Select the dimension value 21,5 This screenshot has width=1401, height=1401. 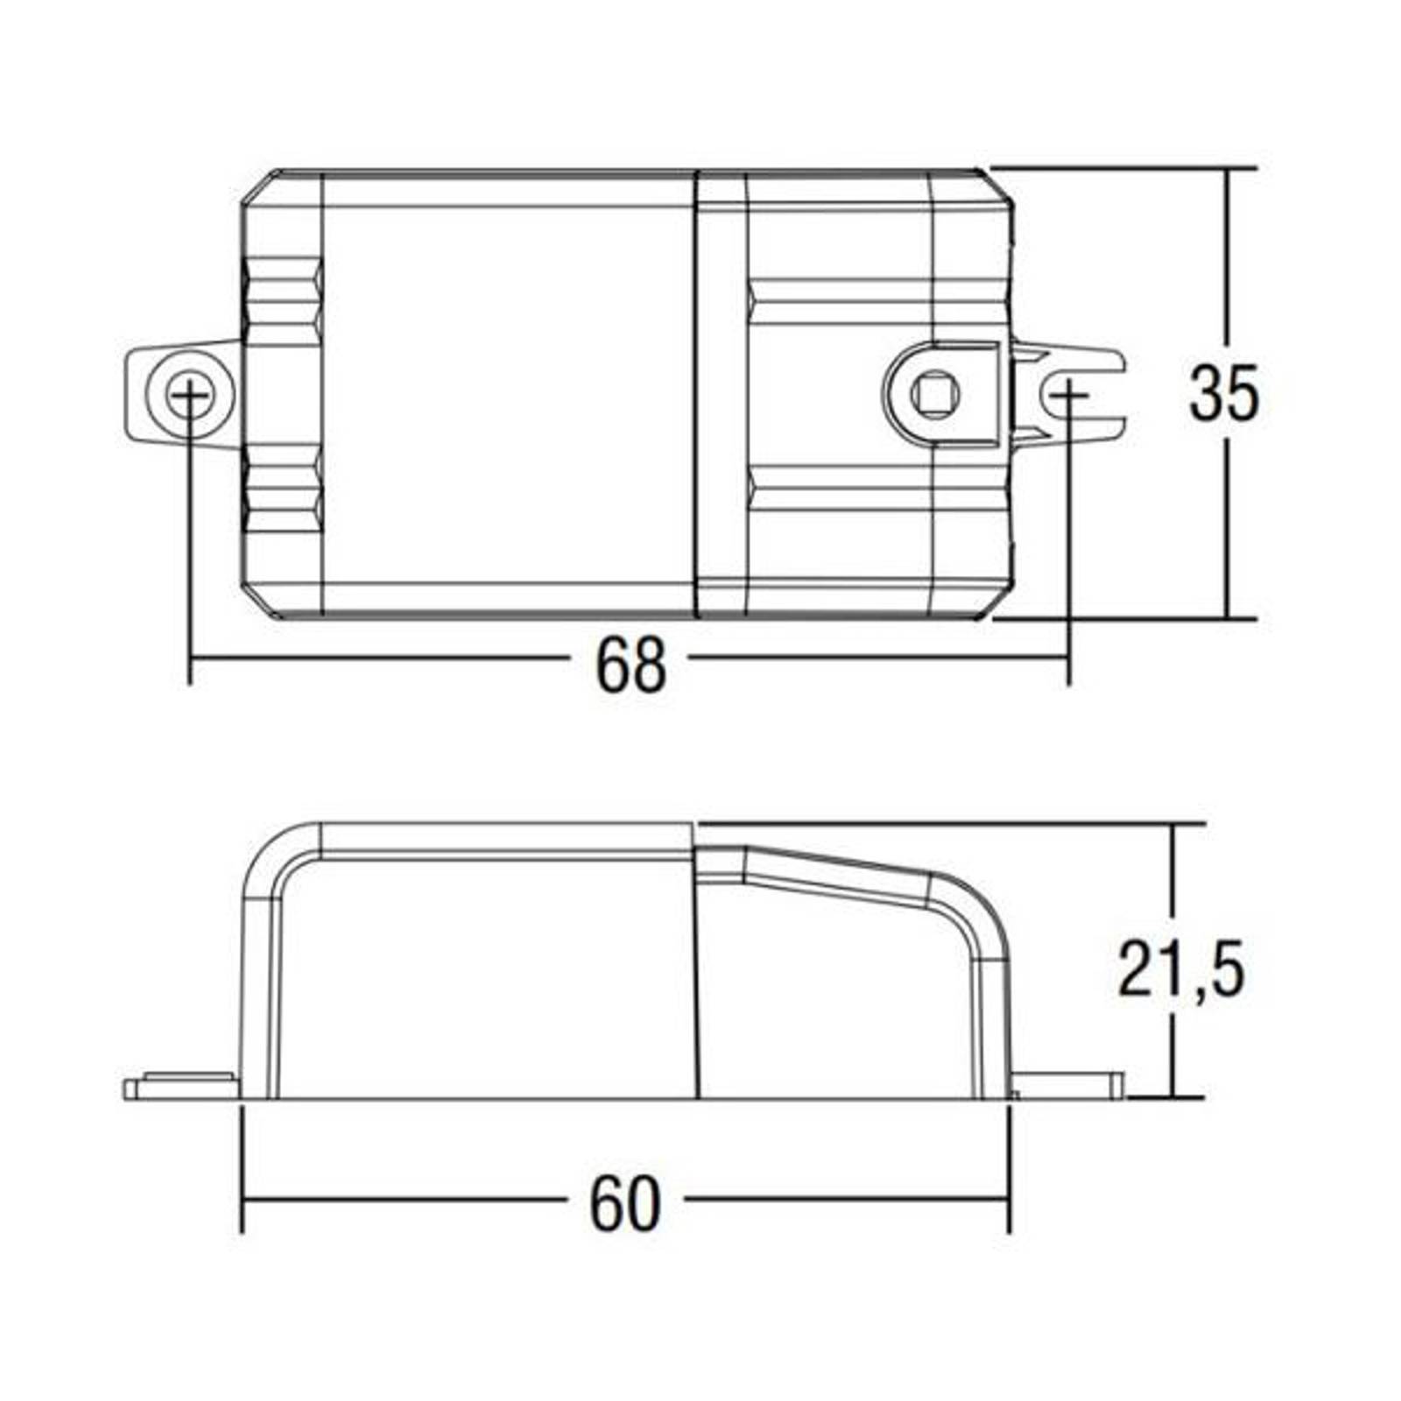pyautogui.click(x=1181, y=968)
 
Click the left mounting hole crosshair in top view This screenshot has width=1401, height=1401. pyautogui.click(x=189, y=395)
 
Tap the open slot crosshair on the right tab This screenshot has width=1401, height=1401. pyautogui.click(x=1068, y=395)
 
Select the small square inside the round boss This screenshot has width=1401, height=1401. pyautogui.click(x=934, y=394)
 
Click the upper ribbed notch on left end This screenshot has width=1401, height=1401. pyautogui.click(x=283, y=299)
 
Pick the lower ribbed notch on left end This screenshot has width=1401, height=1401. pyautogui.click(x=283, y=489)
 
